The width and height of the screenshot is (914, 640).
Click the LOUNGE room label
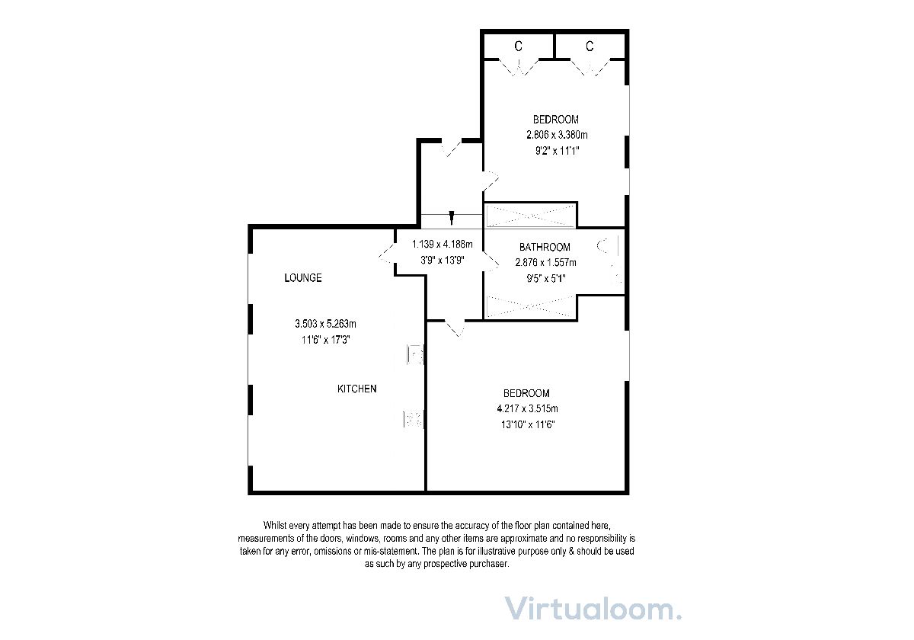[303, 278]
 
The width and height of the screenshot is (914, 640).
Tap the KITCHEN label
[357, 389]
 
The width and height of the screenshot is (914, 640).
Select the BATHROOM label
[545, 247]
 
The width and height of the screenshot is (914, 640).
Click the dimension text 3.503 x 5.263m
[326, 324]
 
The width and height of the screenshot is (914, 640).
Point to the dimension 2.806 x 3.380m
[557, 135]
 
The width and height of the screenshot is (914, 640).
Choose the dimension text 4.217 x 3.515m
[528, 408]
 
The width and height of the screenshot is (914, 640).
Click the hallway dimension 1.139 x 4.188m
[443, 245]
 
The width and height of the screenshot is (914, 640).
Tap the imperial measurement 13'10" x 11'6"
[528, 425]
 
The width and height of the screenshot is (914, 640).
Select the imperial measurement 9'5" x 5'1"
[546, 279]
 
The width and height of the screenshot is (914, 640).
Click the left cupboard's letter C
[518, 46]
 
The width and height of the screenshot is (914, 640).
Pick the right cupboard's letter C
[590, 46]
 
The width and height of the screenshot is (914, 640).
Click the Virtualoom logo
[593, 609]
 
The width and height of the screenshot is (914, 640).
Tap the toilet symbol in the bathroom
[608, 246]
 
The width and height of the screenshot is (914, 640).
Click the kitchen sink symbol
[415, 354]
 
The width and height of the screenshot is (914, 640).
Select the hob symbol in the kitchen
[414, 420]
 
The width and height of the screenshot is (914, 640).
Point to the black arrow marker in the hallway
[451, 218]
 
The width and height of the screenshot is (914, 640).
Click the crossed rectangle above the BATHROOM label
[530, 216]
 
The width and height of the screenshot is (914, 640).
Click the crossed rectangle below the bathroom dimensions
[530, 306]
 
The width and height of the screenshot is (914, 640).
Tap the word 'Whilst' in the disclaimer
[275, 525]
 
